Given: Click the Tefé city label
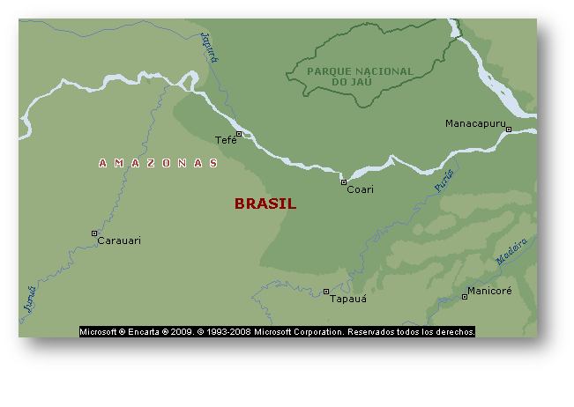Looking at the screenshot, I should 226,141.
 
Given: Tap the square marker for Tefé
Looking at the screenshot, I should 238,134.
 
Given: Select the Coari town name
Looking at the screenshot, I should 360,189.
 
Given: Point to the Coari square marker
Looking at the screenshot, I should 344,182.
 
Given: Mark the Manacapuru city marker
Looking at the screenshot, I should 509,129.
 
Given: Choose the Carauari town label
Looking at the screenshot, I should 119,240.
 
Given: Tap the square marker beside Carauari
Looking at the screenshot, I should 94,233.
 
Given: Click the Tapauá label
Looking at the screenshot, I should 347,299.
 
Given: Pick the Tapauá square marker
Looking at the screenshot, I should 326,292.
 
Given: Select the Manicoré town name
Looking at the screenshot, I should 489,291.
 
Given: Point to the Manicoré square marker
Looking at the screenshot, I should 465,297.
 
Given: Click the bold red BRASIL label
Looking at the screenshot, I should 265,203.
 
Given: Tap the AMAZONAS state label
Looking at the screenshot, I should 158,163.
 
